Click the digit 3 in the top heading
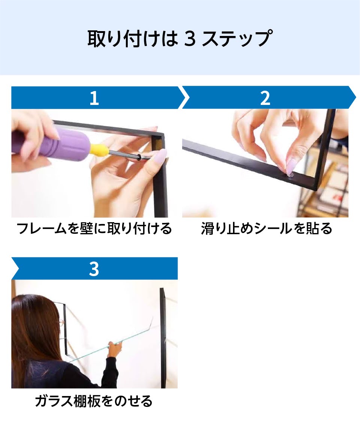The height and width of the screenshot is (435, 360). tap(190, 38)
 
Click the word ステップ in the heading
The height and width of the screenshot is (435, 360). tap(237, 38)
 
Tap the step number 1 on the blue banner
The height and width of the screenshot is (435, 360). tap(94, 98)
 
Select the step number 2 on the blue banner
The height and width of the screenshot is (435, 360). tap(265, 98)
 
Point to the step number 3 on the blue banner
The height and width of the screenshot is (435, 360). tap(94, 269)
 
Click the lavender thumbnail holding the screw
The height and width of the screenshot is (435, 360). tap(159, 156)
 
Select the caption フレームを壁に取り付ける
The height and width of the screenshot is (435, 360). tap(94, 229)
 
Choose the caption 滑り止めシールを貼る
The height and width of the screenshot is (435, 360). tap(266, 229)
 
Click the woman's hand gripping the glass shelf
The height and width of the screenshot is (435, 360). tap(115, 350)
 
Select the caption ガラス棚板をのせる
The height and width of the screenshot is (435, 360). tap(94, 401)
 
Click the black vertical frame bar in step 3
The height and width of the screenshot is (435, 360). tap(163, 338)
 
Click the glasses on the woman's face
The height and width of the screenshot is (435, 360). tap(60, 322)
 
